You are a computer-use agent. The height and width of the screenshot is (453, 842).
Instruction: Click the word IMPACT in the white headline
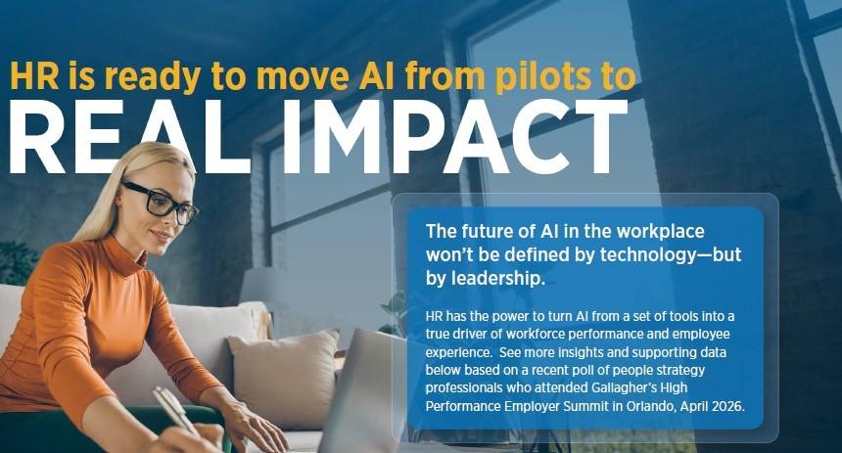[456, 136]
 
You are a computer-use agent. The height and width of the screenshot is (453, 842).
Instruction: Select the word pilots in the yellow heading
[543, 77]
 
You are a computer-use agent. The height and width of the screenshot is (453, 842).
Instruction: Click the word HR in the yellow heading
[34, 75]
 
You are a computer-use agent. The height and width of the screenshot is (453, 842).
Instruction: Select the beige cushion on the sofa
[284, 378]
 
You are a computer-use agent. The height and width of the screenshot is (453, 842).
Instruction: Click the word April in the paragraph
[694, 406]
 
